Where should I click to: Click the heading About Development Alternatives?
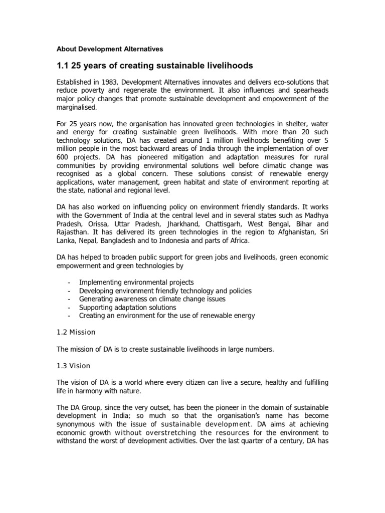click(109, 49)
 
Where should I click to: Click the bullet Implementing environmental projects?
click(136, 283)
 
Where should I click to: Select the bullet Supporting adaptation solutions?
click(127, 307)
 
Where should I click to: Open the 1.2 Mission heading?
click(76, 332)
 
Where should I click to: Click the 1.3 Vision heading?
click(73, 366)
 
